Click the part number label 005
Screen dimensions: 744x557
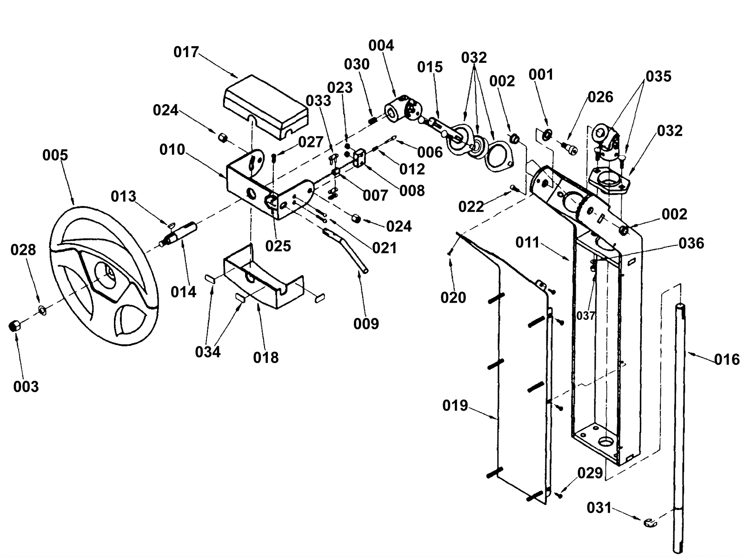pos(55,155)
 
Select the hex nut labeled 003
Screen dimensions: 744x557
pos(14,326)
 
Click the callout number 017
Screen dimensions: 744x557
pos(186,52)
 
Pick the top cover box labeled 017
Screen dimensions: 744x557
pos(266,107)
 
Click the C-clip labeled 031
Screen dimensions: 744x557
pos(650,522)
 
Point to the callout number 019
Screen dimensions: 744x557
pos(455,405)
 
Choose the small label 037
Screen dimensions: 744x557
pos(585,316)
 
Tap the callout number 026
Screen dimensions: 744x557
pos(600,97)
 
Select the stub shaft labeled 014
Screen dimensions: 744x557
pos(179,234)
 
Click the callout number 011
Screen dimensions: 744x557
pos(528,243)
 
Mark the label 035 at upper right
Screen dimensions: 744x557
pos(658,77)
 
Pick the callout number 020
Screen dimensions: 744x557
pos(453,298)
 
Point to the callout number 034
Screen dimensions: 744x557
pos(208,352)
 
